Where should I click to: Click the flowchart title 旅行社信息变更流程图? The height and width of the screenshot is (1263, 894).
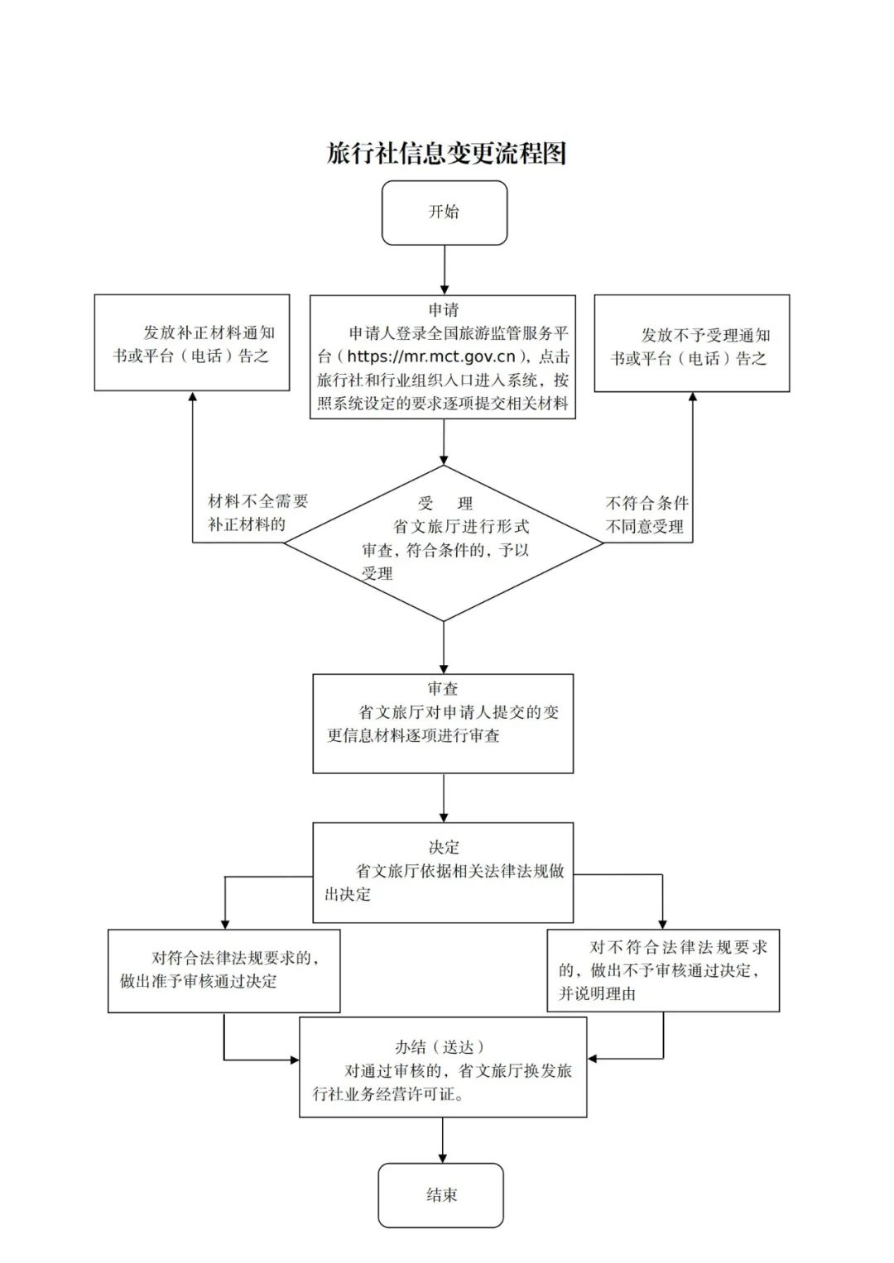click(x=446, y=154)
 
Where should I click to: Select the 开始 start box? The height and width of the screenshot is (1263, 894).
click(x=444, y=213)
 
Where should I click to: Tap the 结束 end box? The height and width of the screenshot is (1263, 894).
click(x=441, y=1195)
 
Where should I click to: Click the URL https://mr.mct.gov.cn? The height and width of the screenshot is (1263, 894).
click(x=430, y=357)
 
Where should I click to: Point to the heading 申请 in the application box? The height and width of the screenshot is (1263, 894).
click(x=444, y=310)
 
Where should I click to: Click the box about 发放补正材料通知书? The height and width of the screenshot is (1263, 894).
click(x=192, y=343)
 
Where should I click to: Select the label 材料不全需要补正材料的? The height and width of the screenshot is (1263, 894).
click(x=257, y=513)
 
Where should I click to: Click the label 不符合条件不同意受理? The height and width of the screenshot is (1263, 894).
click(x=646, y=514)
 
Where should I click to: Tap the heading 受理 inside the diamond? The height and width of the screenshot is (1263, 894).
click(x=445, y=504)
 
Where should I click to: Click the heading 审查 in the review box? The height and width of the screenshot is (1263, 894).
click(x=443, y=688)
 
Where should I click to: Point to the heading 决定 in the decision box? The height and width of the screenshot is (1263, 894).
click(x=444, y=847)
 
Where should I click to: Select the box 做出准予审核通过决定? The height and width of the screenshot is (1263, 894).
click(x=223, y=970)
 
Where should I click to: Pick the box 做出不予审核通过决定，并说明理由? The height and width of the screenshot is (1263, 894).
click(x=663, y=970)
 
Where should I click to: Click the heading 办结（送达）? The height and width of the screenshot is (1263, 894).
click(x=440, y=1047)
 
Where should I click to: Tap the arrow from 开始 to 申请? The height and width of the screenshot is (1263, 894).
click(x=445, y=270)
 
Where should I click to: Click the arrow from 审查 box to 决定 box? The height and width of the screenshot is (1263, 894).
click(x=444, y=797)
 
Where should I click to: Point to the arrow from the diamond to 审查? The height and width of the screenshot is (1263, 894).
click(x=445, y=647)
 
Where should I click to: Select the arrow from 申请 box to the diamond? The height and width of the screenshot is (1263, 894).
click(x=445, y=442)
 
